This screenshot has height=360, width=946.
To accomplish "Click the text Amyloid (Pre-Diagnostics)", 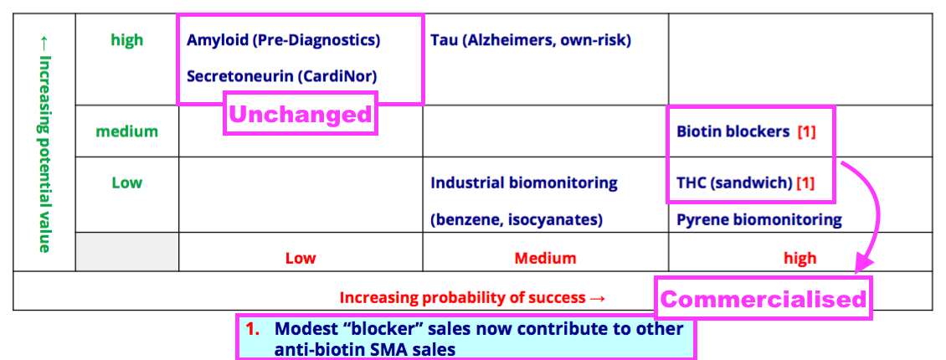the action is (x=283, y=40).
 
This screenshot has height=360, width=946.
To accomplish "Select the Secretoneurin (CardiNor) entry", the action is (x=281, y=76).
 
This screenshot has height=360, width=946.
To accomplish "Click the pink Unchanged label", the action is (x=301, y=113).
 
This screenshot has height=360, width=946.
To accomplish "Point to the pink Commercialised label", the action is (x=763, y=299).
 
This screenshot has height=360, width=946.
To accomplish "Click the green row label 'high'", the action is (x=127, y=40).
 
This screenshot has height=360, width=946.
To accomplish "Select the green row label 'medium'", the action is (x=126, y=131).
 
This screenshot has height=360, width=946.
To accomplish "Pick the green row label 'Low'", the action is (x=126, y=183).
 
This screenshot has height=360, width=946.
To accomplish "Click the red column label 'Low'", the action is (x=301, y=258).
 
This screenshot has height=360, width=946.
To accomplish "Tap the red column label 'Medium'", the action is (x=545, y=258).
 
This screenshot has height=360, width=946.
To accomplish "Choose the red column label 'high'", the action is (x=800, y=258).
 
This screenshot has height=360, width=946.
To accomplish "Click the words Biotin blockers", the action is (x=733, y=131).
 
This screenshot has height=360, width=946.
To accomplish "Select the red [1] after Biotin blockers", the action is (x=807, y=132).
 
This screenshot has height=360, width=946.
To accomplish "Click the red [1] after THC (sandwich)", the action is (x=805, y=183).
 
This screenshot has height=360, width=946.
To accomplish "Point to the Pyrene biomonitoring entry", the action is (x=759, y=219).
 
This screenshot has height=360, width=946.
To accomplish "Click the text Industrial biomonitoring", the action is (x=524, y=183).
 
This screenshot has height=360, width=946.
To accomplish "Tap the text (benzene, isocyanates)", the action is (x=517, y=220).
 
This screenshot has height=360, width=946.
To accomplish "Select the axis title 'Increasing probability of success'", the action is (x=462, y=297).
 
